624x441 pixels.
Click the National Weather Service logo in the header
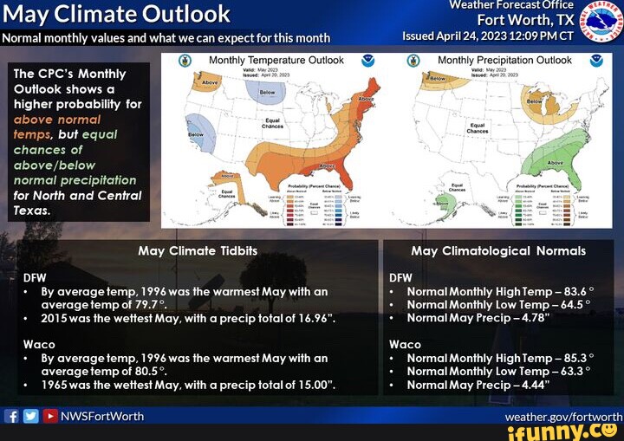pos(601,21)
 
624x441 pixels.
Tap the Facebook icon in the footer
pos(11,416)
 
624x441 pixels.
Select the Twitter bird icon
pos(30,416)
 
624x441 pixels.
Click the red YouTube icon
pos(49,416)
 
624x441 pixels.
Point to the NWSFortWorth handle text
pos(102,416)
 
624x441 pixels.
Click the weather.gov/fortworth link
pos(563,417)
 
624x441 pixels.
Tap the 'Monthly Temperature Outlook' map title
pos(276,61)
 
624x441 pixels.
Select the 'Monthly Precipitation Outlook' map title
pos(504,61)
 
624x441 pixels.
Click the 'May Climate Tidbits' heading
pos(198,251)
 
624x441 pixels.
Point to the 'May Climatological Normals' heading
pos(498,251)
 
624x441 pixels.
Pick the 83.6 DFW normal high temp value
pos(572,292)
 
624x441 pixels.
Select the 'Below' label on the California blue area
pos(196,134)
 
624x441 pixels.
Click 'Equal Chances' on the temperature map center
pos(272,122)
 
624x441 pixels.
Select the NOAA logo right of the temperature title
pos(368,61)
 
